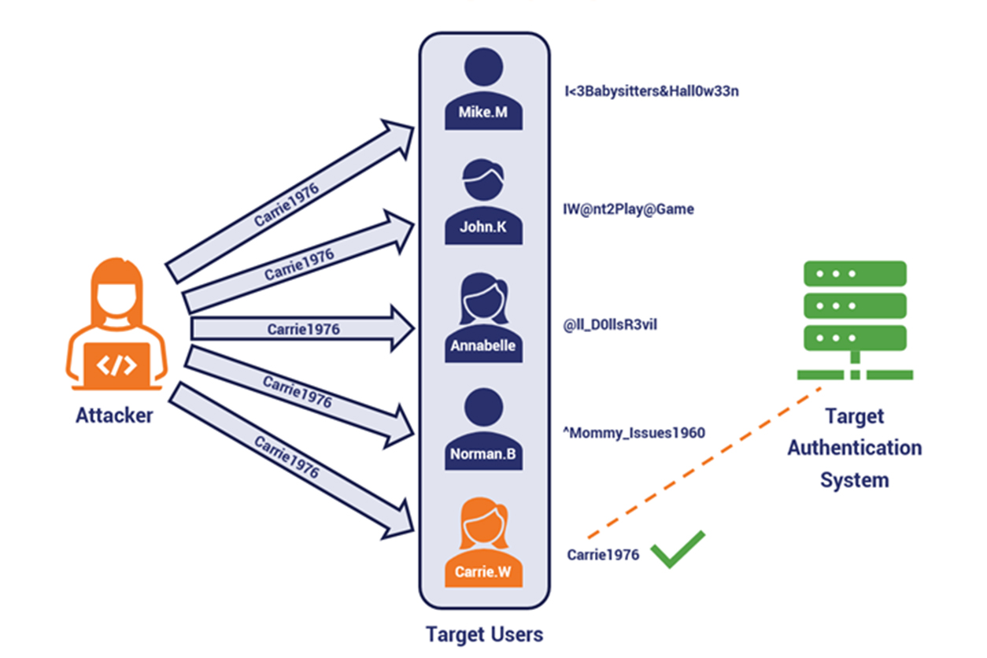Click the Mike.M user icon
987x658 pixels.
(483, 90)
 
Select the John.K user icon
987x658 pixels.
(483, 203)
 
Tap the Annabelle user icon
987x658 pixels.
(483, 320)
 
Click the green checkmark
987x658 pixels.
(677, 550)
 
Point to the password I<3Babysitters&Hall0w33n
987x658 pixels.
(651, 91)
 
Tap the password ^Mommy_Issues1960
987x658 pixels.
(634, 433)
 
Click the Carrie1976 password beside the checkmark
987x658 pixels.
(603, 555)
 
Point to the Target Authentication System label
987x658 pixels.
(855, 448)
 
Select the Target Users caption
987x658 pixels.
(484, 634)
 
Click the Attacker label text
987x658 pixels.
(114, 415)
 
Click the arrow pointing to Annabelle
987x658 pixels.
(303, 328)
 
